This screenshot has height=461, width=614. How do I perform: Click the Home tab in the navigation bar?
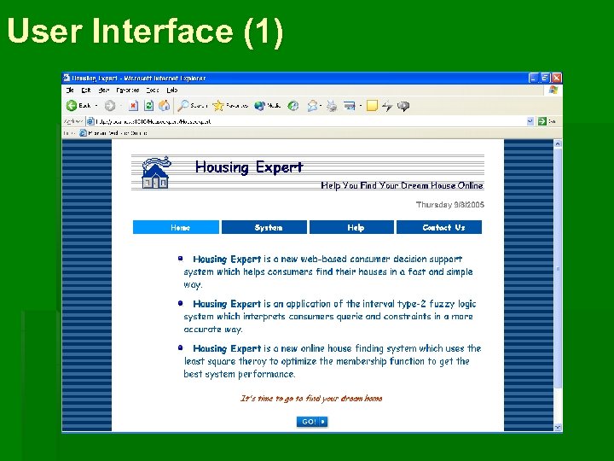pos(180,228)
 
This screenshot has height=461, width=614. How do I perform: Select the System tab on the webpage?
pos(268,228)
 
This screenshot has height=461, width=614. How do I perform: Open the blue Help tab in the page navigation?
pos(356,228)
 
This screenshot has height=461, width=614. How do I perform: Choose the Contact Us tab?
pos(443,228)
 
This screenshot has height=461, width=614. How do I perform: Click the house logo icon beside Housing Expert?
pos(154,172)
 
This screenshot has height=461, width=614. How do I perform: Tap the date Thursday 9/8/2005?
pos(449,205)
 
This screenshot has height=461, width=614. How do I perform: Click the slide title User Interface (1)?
pos(145,31)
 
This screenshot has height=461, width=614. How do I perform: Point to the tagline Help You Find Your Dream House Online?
pos(402,185)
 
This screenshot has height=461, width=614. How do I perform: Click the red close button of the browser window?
pos(556,77)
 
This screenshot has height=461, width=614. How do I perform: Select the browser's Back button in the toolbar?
pos(79,106)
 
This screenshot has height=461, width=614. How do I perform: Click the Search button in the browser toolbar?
pos(192,106)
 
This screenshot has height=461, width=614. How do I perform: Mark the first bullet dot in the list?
pos(181,257)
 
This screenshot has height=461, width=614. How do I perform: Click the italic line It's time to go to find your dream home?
pos(311,398)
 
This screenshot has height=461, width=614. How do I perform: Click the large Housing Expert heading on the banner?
pos(248,167)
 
